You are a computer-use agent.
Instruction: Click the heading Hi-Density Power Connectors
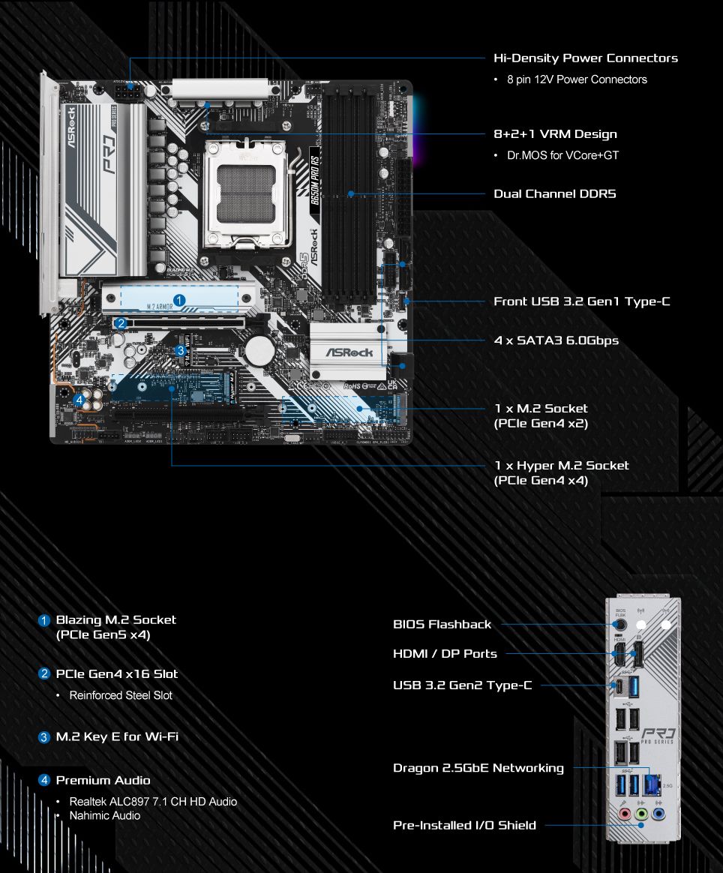point(585,58)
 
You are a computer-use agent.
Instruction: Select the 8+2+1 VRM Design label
point(555,134)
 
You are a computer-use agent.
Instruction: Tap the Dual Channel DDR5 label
point(554,193)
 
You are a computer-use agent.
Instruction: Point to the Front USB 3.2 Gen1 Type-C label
point(581,301)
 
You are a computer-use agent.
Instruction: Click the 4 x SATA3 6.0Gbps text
point(556,340)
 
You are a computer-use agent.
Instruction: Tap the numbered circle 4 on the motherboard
point(79,400)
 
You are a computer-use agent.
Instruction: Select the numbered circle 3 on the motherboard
point(180,350)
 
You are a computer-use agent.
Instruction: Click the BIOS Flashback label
point(442,624)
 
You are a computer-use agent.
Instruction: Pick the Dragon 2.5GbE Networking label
point(478,768)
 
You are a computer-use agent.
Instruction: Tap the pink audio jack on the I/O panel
point(622,813)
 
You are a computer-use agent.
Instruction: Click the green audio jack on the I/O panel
point(640,813)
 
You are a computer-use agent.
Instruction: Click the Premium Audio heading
point(103,780)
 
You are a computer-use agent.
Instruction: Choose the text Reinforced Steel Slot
point(121,695)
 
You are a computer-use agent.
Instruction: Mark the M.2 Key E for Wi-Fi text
point(117,736)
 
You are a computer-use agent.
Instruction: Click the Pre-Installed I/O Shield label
point(464,825)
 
